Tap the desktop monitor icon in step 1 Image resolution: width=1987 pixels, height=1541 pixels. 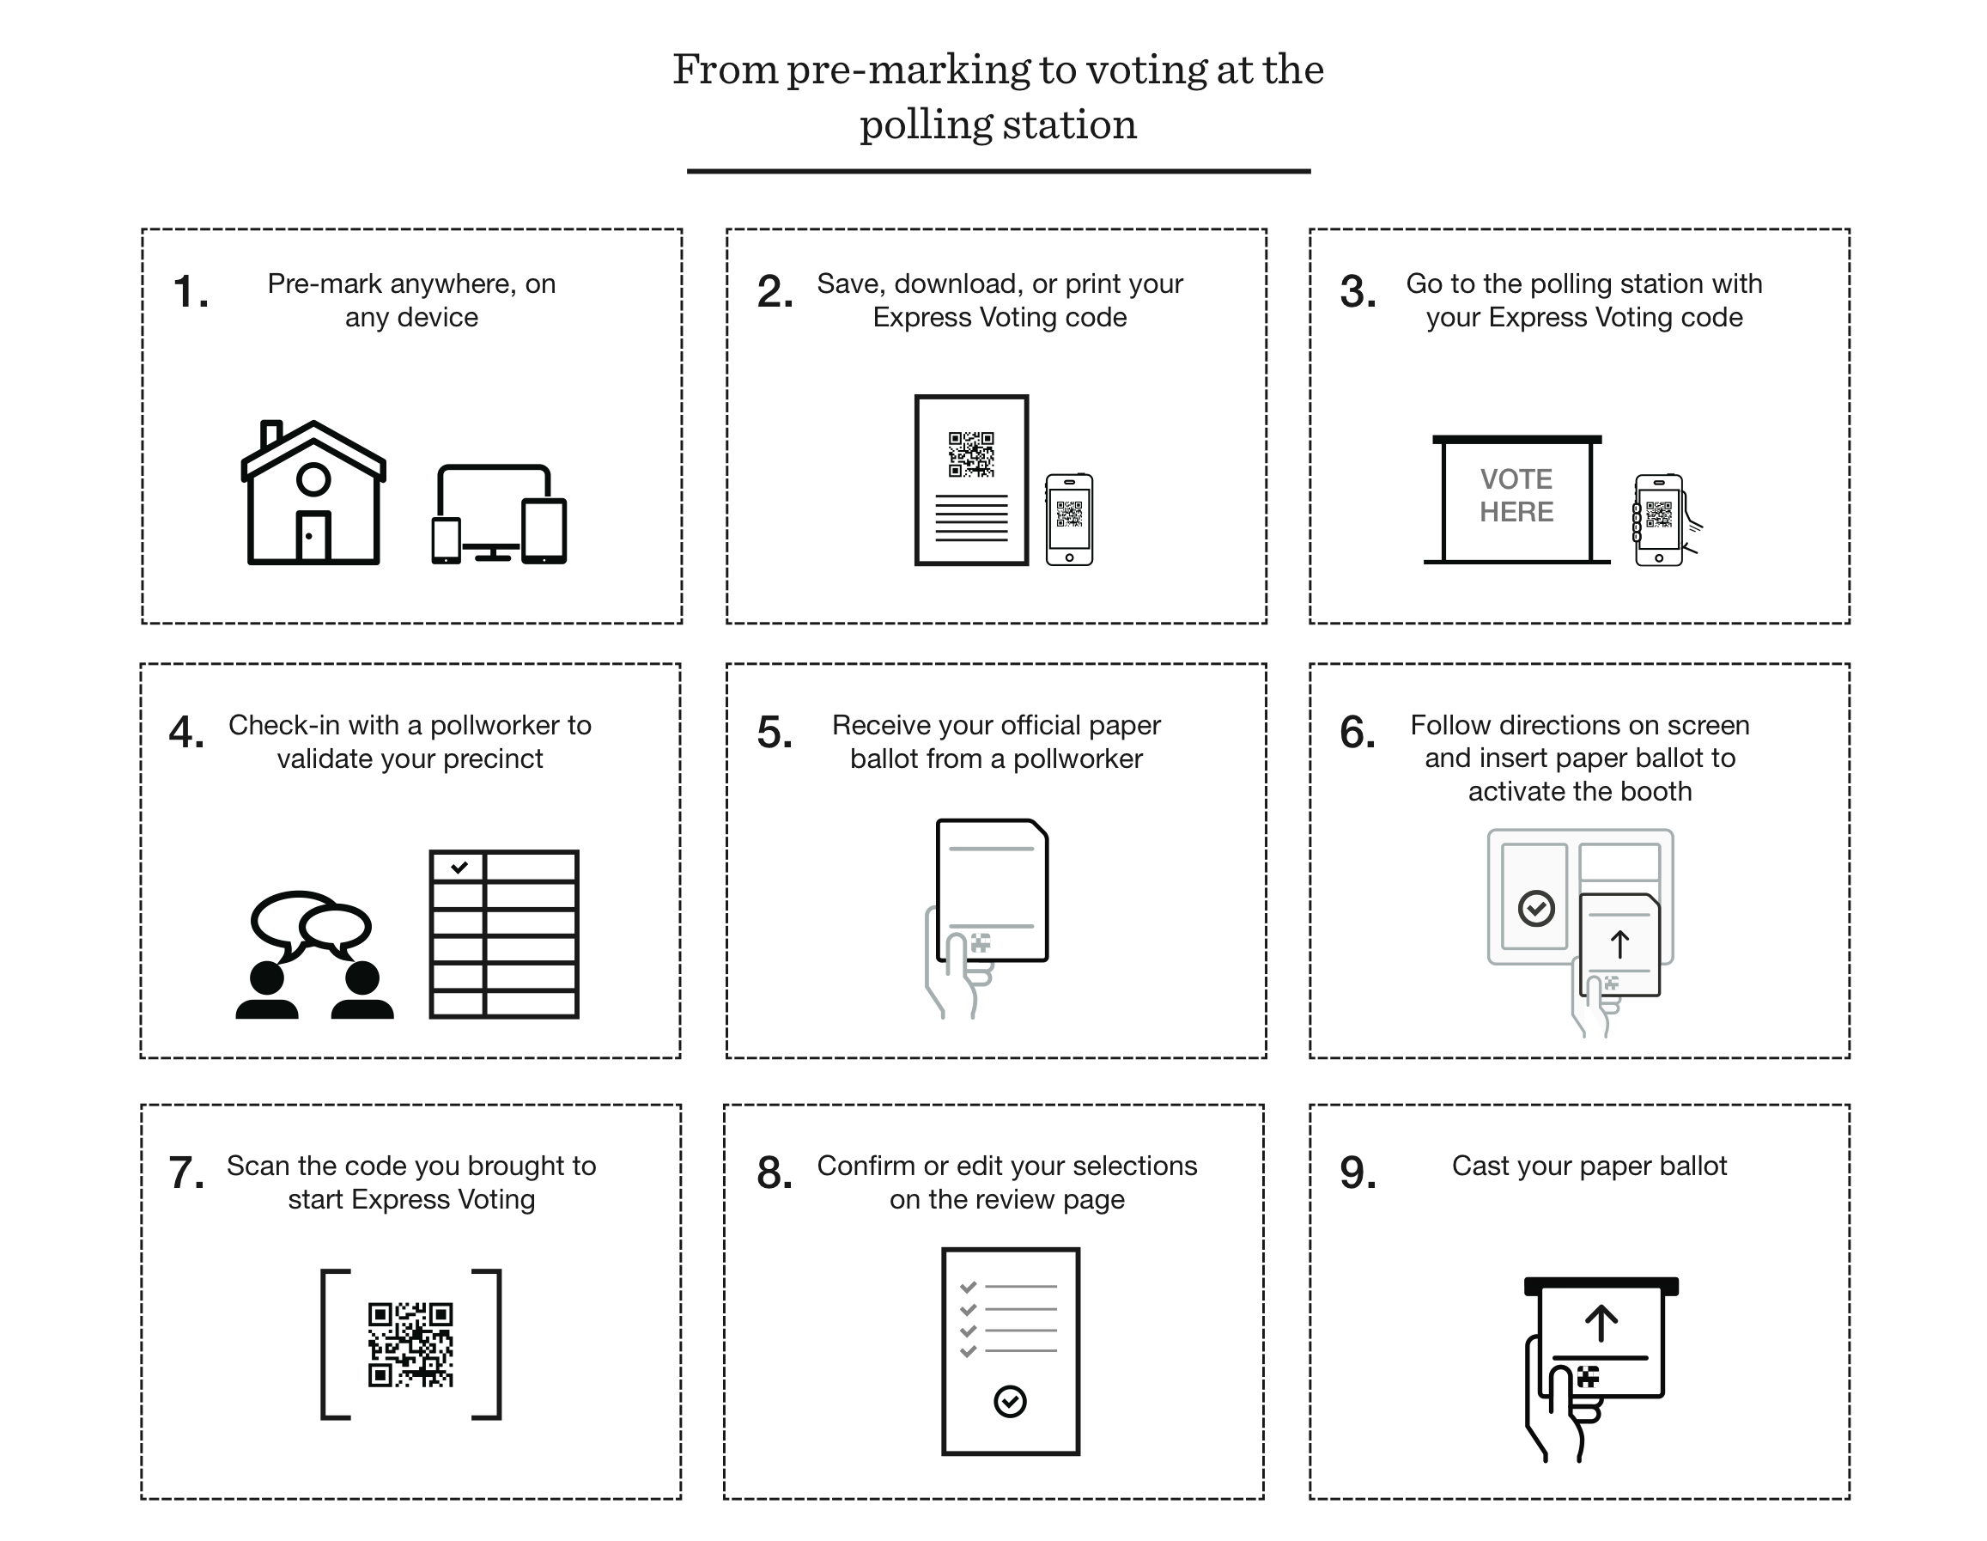pyautogui.click(x=493, y=505)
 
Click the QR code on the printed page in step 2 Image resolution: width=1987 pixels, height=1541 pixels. pyautogui.click(x=971, y=454)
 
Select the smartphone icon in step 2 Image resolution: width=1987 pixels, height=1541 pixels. pyautogui.click(x=1069, y=520)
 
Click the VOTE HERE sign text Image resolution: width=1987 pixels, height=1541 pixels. pyautogui.click(x=1516, y=495)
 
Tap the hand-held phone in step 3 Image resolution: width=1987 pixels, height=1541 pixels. pyautogui.click(x=1660, y=520)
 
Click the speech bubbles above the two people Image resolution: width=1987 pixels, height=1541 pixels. pyautogui.click(x=311, y=923)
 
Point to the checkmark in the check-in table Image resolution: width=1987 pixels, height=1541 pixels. pyautogui.click(x=459, y=867)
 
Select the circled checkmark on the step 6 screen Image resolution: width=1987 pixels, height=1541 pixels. pyautogui.click(x=1535, y=907)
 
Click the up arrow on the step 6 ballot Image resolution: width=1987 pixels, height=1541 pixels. pyautogui.click(x=1619, y=944)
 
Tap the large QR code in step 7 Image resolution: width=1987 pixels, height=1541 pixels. pyautogui.click(x=410, y=1344)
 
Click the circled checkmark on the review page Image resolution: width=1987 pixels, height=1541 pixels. pyautogui.click(x=1010, y=1401)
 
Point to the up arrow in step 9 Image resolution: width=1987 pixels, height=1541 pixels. pyautogui.click(x=1601, y=1324)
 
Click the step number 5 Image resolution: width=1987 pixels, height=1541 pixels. pyautogui.click(x=775, y=733)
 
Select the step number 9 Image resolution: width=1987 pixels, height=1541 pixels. pyautogui.click(x=1358, y=1172)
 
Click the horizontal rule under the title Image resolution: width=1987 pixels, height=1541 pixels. pyautogui.click(x=998, y=171)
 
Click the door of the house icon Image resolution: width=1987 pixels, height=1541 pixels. pyautogui.click(x=312, y=536)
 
